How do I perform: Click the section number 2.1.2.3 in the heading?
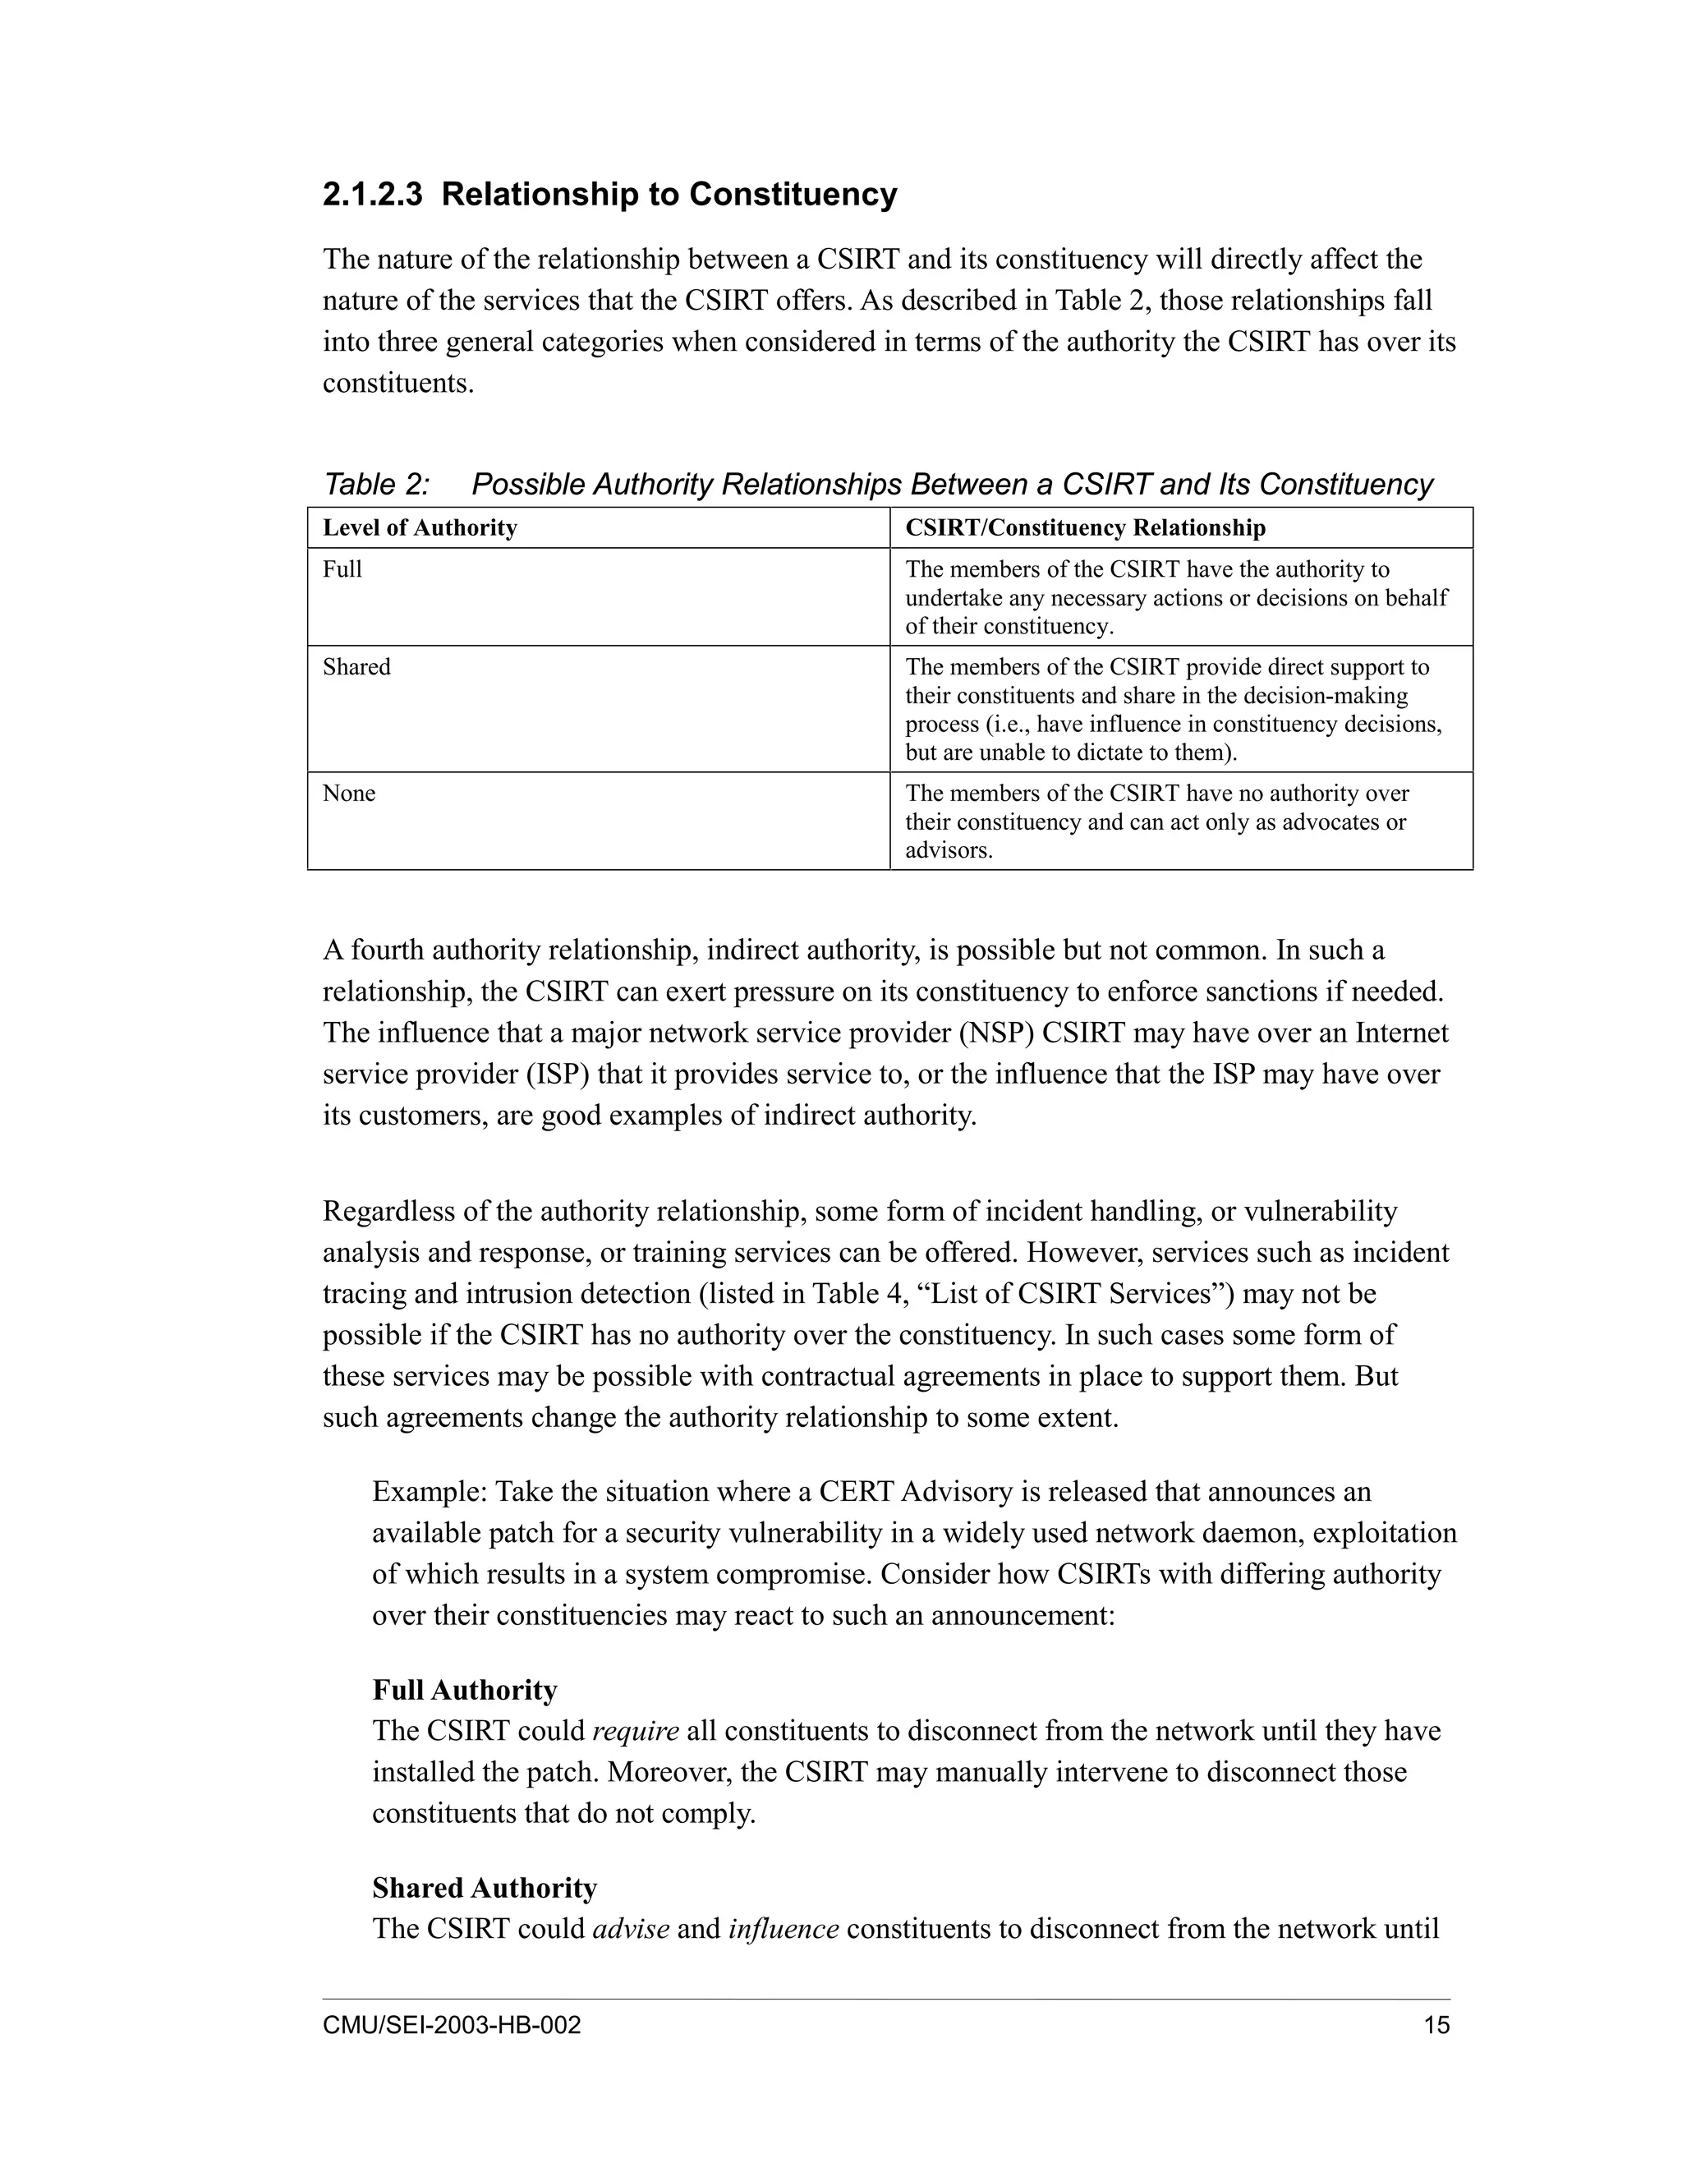(373, 195)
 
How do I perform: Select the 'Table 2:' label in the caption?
(377, 485)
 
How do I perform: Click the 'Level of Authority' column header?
(420, 528)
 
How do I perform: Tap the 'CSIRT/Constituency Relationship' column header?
(1085, 528)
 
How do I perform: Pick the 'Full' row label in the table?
(342, 569)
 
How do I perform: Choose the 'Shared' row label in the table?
(356, 667)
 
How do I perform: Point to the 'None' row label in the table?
(349, 794)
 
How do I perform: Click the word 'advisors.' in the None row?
(949, 851)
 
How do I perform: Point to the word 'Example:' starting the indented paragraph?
(430, 1492)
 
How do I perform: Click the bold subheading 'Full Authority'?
(464, 1691)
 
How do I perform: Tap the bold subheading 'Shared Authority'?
(485, 1889)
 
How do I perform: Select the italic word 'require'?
(635, 1732)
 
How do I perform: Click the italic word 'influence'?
(784, 1930)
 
